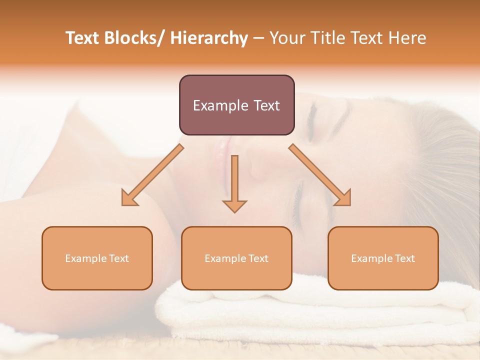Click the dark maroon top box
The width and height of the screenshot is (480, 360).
point(236,105)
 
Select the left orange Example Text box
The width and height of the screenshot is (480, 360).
point(97,258)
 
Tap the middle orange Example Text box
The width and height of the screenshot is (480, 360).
point(236,258)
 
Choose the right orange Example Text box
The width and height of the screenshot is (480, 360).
point(383,258)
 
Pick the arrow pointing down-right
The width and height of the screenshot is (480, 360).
point(320,175)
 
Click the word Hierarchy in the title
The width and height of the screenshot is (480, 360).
point(209,38)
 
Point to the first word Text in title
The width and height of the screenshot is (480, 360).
point(82,38)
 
